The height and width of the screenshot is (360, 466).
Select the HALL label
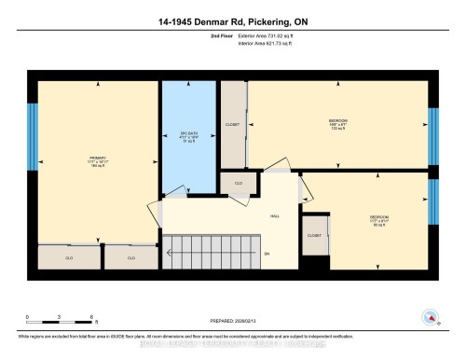[276, 216]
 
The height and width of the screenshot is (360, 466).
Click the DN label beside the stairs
[266, 254]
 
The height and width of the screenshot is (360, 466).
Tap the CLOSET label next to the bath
[233, 124]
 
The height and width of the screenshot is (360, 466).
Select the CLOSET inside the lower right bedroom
[314, 237]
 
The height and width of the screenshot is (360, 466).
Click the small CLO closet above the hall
[239, 184]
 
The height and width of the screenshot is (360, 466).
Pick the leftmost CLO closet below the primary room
[69, 256]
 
